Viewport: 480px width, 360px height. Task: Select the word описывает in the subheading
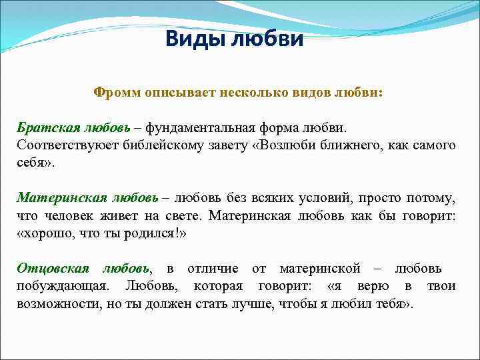[179, 93]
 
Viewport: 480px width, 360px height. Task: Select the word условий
[325, 198]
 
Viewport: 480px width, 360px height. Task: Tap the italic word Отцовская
[53, 269]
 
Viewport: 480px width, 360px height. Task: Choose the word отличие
[213, 269]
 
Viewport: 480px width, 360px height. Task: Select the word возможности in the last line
[53, 305]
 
